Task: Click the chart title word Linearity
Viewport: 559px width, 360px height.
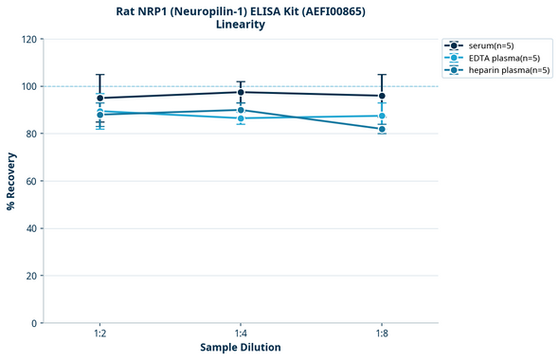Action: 241,25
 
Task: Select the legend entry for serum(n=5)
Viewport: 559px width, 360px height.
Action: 491,45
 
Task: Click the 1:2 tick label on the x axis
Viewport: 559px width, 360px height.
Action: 99,334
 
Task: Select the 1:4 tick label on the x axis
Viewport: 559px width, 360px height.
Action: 241,334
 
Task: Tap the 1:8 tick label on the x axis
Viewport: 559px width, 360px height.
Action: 382,334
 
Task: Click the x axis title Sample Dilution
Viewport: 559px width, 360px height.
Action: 241,348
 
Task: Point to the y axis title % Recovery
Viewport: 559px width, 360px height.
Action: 11,181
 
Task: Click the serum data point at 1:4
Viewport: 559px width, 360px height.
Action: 241,92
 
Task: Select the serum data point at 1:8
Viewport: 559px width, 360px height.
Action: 382,96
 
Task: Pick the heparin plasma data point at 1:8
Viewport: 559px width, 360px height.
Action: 382,129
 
